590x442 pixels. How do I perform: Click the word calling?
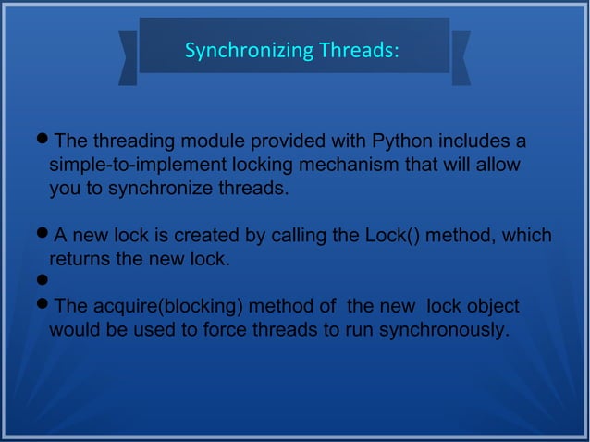299,236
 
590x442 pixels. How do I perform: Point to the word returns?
80,260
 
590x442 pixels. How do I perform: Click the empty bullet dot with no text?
42,281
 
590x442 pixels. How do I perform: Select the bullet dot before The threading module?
42,141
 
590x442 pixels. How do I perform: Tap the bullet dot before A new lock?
42,235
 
